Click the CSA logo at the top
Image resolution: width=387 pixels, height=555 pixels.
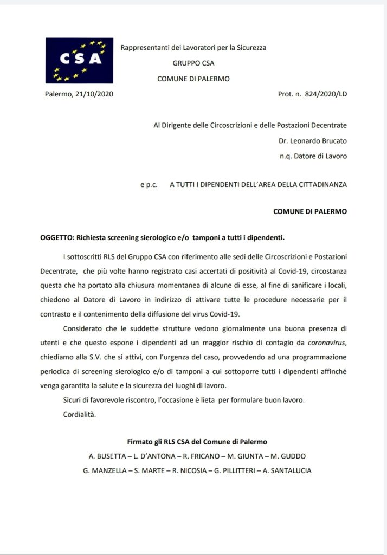pyautogui.click(x=79, y=60)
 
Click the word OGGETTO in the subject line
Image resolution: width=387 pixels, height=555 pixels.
pyautogui.click(x=57, y=237)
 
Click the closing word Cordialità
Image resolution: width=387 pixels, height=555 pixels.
pyautogui.click(x=80, y=415)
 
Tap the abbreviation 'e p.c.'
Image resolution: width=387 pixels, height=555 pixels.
pyautogui.click(x=149, y=184)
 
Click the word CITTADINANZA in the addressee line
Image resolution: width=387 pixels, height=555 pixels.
pyautogui.click(x=320, y=184)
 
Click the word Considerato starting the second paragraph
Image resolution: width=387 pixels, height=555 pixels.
pyautogui.click(x=85, y=328)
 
